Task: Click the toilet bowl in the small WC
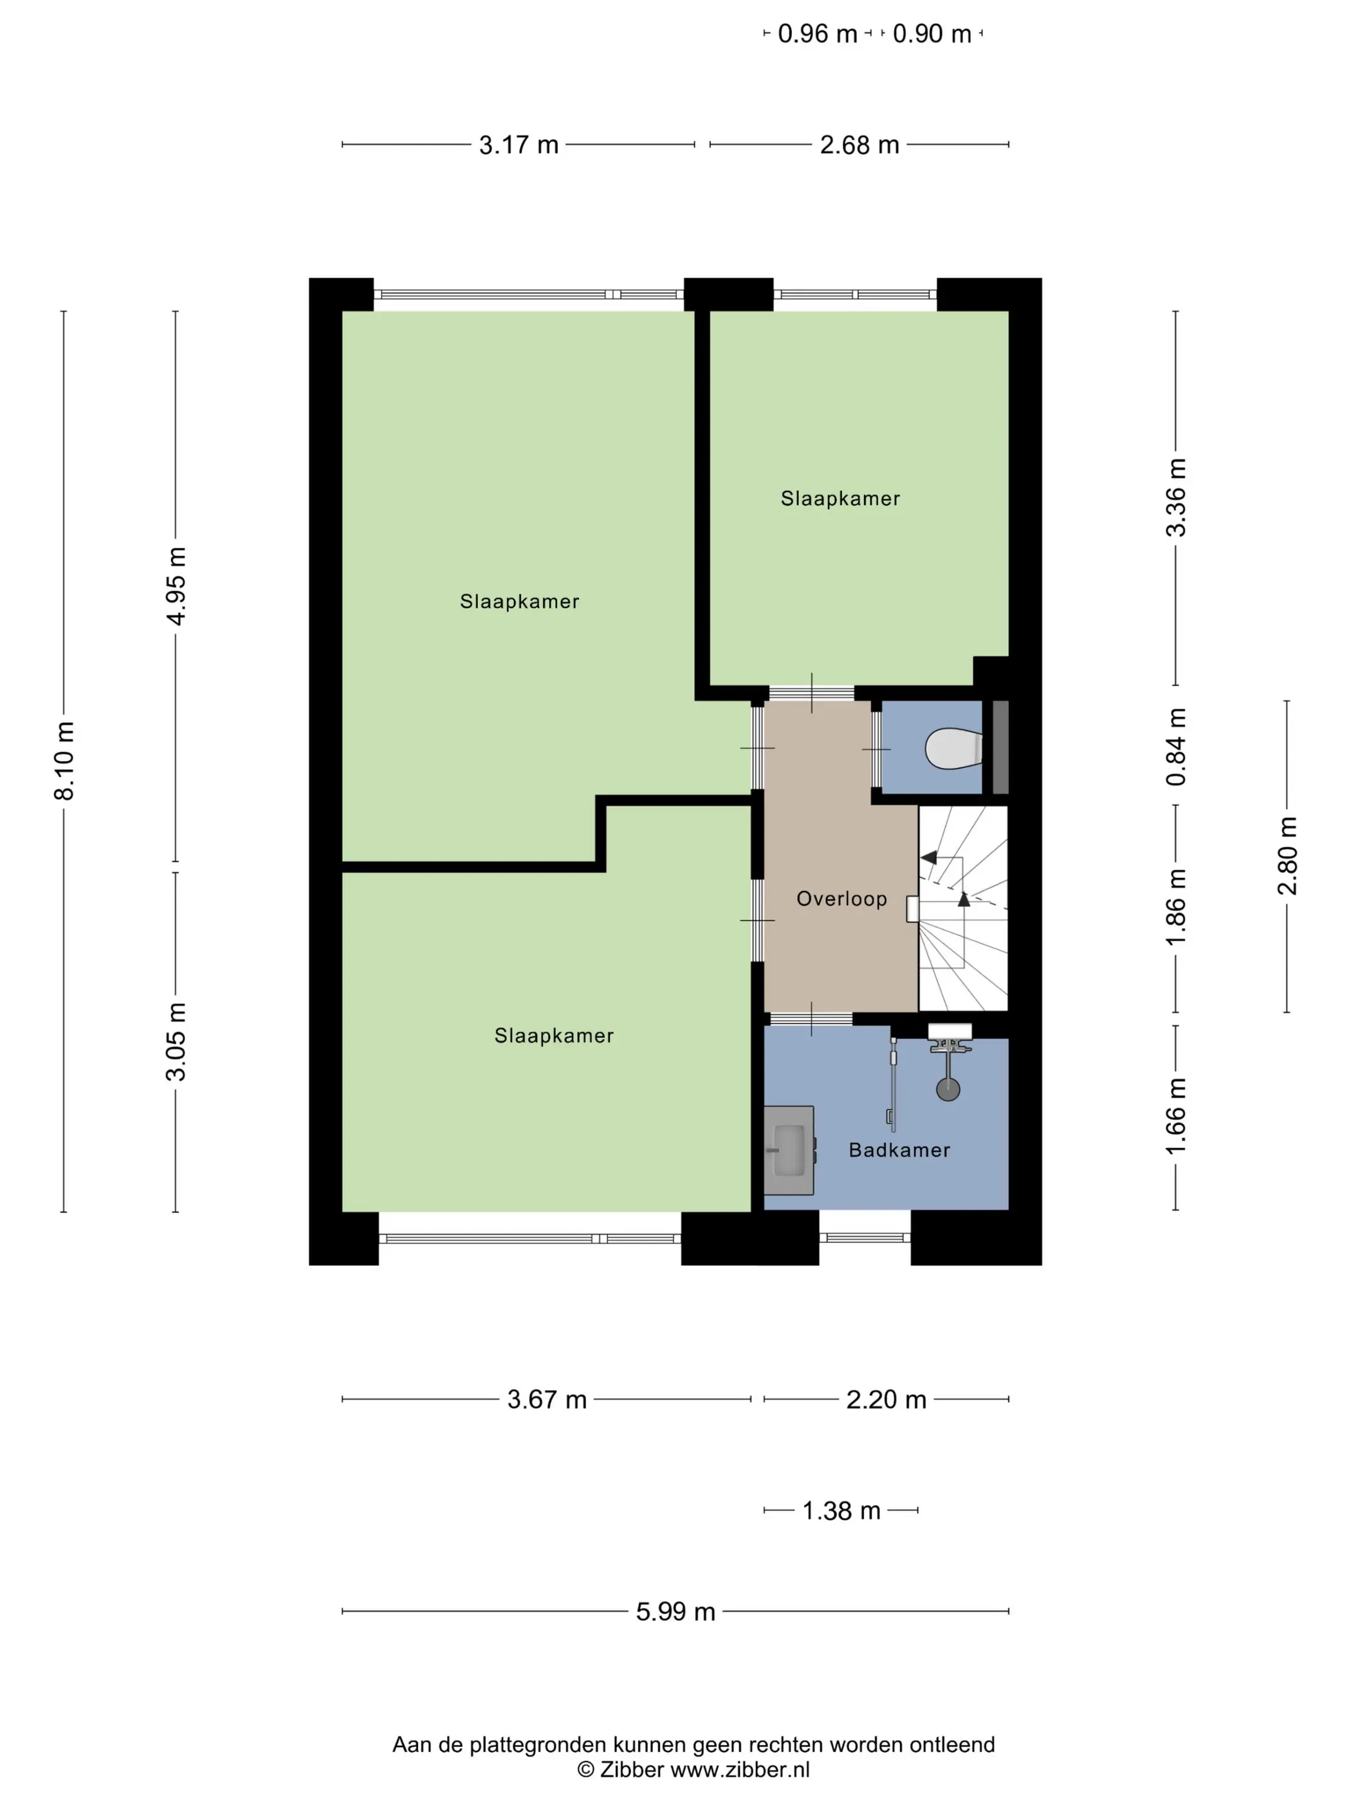pos(953,748)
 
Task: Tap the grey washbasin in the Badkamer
pos(788,1149)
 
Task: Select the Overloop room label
pos(841,899)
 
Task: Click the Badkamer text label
pos(899,1149)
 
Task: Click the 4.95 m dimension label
pos(176,586)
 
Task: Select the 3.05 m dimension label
pos(176,1042)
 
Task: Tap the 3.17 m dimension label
pos(519,145)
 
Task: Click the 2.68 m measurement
pos(859,145)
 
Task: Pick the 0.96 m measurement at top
pos(818,33)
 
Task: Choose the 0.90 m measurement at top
pos(932,33)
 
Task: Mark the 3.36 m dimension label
pos(1176,497)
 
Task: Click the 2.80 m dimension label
pos(1287,855)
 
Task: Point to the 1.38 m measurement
pos(841,1510)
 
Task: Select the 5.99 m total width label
pos(675,1611)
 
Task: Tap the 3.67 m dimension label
pos(546,1399)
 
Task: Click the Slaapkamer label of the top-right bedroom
pos(840,498)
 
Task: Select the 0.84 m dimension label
pos(1176,747)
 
